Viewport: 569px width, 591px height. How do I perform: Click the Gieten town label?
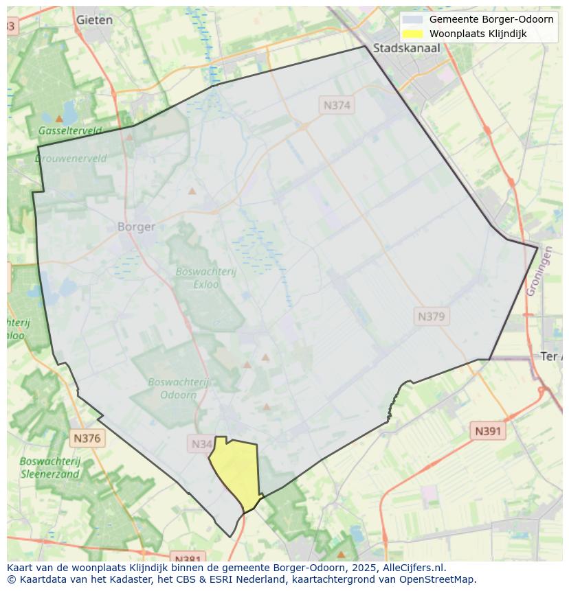tap(94, 20)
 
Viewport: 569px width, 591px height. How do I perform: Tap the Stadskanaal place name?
tap(406, 48)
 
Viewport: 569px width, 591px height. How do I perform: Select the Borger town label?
tap(136, 227)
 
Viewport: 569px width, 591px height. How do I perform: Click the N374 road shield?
tap(337, 105)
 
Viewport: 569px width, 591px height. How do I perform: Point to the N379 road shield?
tap(432, 316)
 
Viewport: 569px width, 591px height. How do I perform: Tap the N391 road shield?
tap(488, 431)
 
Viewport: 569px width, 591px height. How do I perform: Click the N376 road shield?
tap(87, 438)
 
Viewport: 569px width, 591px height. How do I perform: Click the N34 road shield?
tap(201, 444)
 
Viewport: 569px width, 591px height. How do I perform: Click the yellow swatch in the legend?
tap(412, 34)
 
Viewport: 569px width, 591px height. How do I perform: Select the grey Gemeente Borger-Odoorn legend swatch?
tap(412, 19)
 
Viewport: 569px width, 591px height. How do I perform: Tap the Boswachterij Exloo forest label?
tap(205, 277)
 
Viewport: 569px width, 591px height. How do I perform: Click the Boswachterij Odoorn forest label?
tap(178, 389)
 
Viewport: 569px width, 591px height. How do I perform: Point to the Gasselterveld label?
tap(70, 130)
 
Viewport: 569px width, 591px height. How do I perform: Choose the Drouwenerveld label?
tap(71, 158)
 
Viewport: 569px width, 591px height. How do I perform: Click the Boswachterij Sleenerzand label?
tap(50, 467)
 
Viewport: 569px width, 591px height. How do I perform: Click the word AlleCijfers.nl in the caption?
tap(414, 568)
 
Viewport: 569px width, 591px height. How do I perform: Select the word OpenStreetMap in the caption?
tap(440, 579)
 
